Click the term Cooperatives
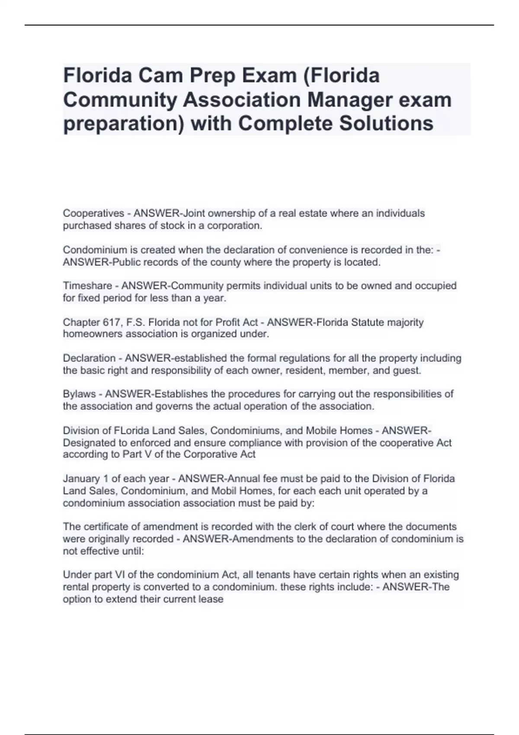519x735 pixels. pyautogui.click(x=93, y=213)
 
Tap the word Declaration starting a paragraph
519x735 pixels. pyautogui.click(x=89, y=358)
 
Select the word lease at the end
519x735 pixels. pyautogui.click(x=212, y=599)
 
